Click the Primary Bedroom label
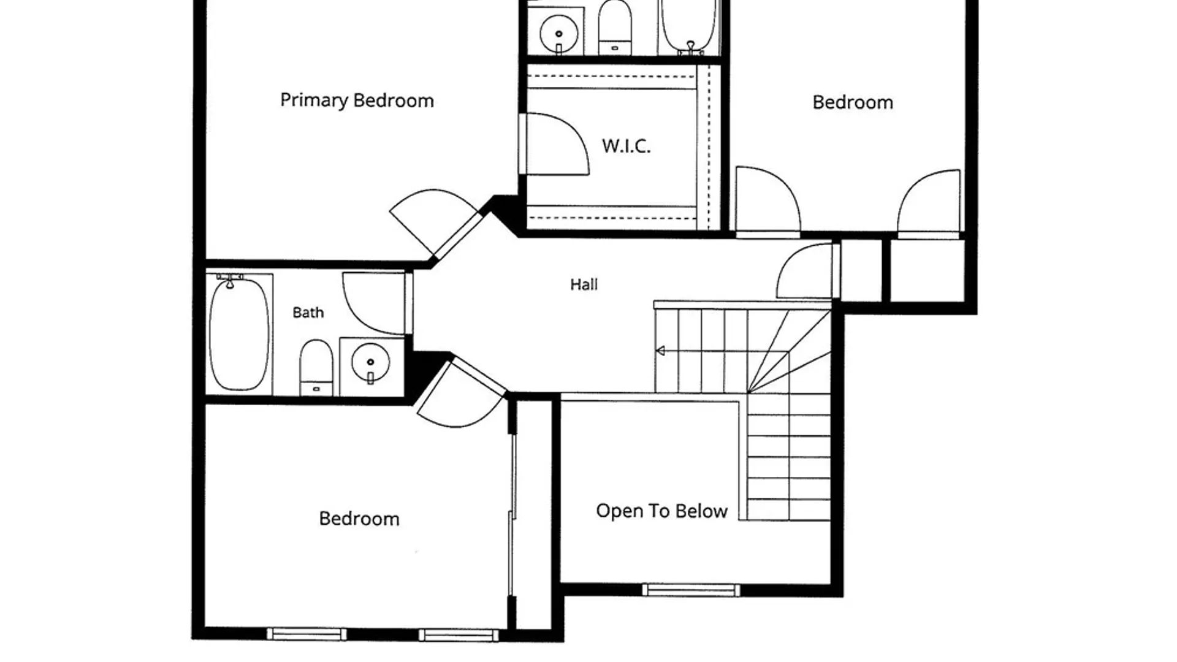point(357,101)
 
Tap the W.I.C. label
point(626,146)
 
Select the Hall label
point(584,284)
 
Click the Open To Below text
point(661,511)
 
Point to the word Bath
point(308,313)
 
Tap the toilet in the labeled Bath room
point(316,368)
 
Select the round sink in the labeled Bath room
point(370,363)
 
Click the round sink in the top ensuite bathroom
point(558,34)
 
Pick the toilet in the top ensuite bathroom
point(615,28)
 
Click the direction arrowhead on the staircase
point(661,351)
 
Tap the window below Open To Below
point(691,590)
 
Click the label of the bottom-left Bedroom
point(359,519)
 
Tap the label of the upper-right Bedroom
point(853,102)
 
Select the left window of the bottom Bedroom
point(307,634)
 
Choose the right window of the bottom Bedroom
point(459,634)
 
